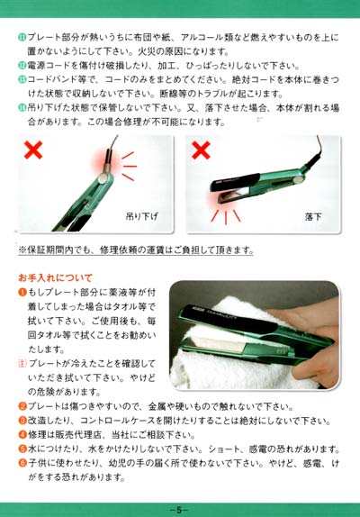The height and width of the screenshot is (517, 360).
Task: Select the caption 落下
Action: tap(313, 217)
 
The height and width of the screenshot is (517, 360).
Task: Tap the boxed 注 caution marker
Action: tap(22, 364)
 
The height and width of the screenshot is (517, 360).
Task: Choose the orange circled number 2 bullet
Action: tap(22, 406)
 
